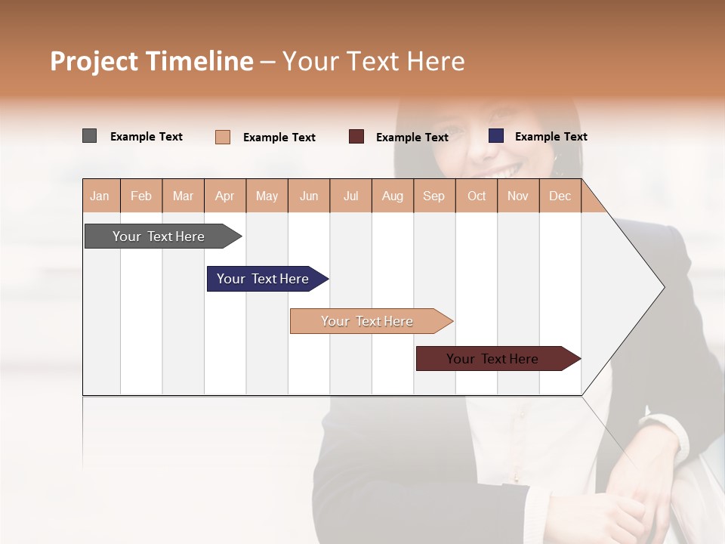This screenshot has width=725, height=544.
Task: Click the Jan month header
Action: click(100, 196)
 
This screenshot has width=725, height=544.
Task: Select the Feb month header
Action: click(141, 196)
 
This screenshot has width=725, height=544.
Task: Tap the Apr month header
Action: click(225, 196)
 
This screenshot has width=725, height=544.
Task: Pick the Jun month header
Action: click(309, 196)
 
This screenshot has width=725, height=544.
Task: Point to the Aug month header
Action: click(393, 196)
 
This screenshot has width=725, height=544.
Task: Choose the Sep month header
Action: click(434, 196)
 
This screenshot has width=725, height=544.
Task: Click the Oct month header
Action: click(477, 196)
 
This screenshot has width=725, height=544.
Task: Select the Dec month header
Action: click(560, 196)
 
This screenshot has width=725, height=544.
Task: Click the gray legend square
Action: click(89, 136)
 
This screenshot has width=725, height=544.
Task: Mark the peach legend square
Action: click(223, 137)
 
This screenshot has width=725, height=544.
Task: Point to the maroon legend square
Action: click(356, 137)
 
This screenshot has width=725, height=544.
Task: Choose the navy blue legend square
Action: click(496, 136)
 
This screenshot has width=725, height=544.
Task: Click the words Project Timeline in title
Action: click(152, 61)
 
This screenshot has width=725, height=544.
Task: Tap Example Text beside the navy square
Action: click(551, 137)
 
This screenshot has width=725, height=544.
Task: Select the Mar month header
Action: click(184, 196)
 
